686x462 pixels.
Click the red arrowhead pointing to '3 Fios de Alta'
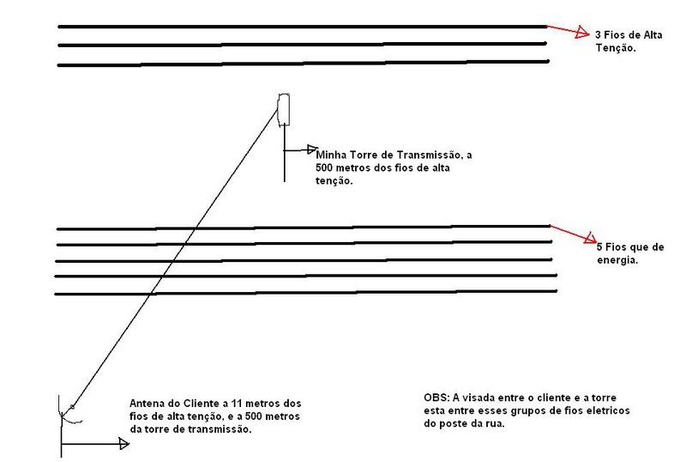(x=583, y=32)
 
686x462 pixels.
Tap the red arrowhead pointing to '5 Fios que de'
(x=591, y=237)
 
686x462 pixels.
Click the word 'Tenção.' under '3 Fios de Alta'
(x=616, y=48)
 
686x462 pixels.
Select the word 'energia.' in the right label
(x=617, y=260)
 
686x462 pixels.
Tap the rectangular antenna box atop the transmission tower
(x=284, y=109)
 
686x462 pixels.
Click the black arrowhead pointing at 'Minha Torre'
(x=312, y=149)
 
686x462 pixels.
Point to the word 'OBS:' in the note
(x=436, y=398)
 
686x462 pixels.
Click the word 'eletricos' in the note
(x=608, y=410)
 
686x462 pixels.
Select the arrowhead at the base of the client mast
(x=124, y=444)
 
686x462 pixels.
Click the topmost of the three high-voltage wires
(x=303, y=27)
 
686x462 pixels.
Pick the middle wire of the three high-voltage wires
(x=302, y=45)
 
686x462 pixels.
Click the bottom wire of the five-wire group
(x=306, y=292)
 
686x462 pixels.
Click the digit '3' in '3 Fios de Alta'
(x=598, y=35)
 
